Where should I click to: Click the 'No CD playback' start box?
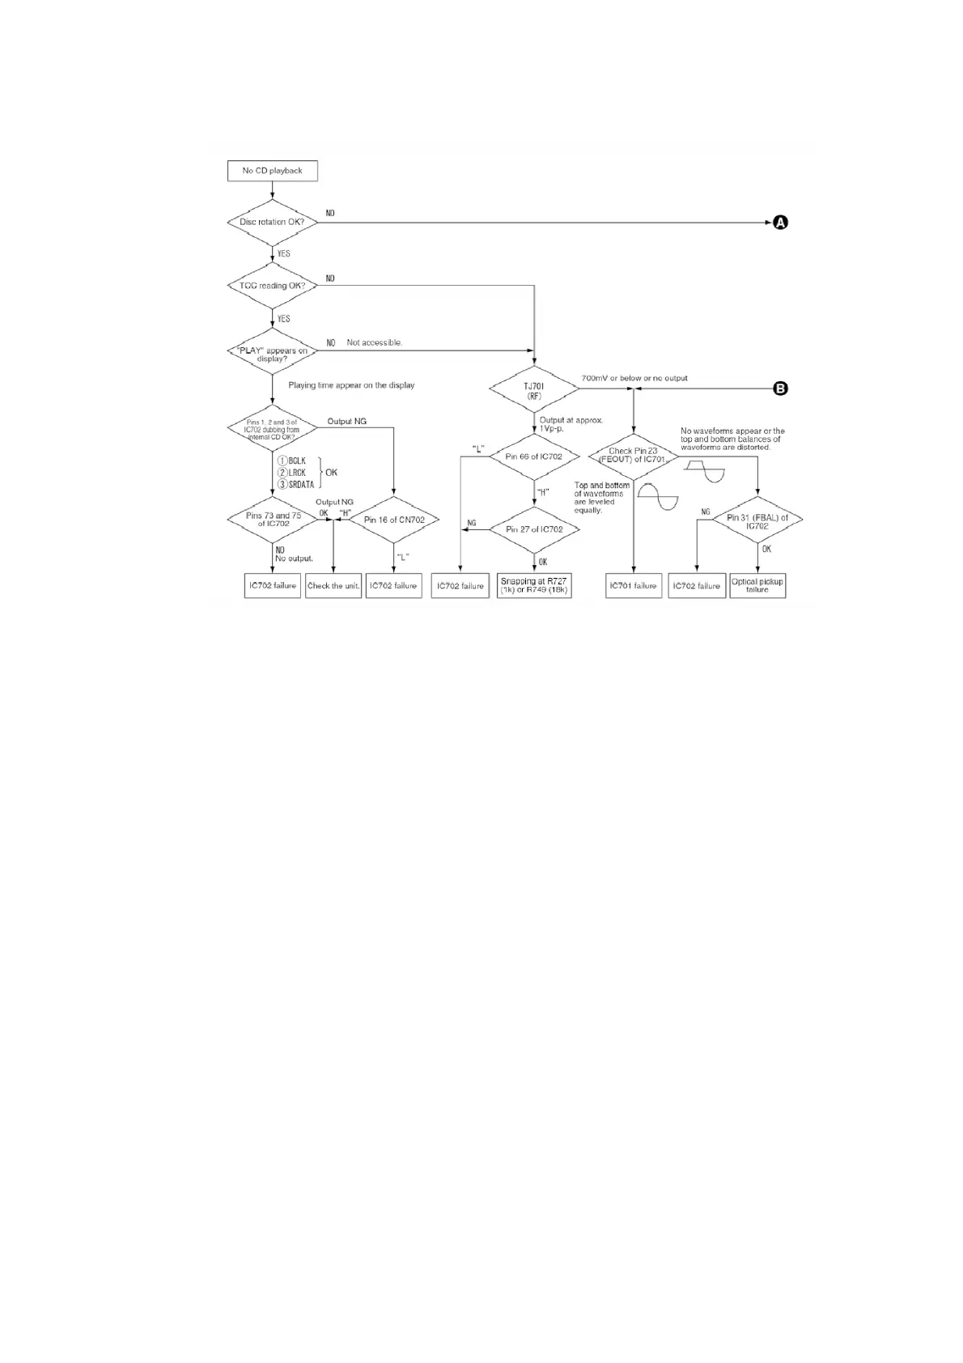(x=272, y=171)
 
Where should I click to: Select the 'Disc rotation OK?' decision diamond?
(x=272, y=222)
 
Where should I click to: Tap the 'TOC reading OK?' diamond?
(x=272, y=286)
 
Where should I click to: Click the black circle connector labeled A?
(x=780, y=222)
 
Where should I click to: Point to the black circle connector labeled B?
(x=780, y=389)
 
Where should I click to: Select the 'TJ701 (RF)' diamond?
(x=534, y=391)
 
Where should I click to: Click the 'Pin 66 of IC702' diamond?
(x=534, y=456)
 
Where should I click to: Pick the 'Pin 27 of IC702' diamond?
(x=534, y=529)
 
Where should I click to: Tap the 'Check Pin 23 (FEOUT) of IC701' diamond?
(x=634, y=455)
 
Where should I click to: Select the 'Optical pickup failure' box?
(x=757, y=585)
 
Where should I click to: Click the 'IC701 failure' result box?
(x=634, y=585)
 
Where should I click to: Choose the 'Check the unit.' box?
(x=333, y=585)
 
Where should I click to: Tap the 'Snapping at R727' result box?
(x=534, y=585)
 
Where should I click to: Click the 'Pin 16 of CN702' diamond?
(x=394, y=520)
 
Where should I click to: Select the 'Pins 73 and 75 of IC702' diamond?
(x=273, y=520)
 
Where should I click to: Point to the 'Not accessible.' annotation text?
(x=375, y=342)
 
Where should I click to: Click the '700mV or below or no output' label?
(x=634, y=378)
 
